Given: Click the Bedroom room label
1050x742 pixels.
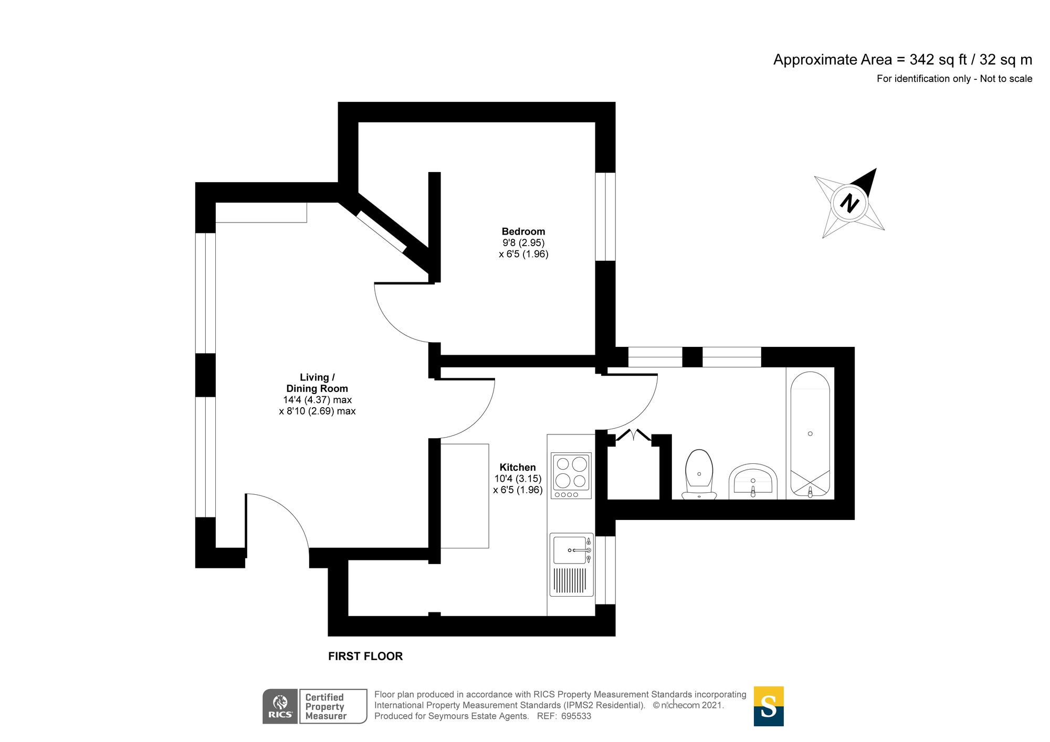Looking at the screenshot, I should click(523, 231).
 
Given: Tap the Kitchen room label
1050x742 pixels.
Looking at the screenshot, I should click(517, 467).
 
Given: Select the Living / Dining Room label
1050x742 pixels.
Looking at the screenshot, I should click(317, 383).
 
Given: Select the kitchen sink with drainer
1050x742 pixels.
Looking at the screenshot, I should click(571, 565).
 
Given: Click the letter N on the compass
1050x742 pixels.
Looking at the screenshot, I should click(849, 203).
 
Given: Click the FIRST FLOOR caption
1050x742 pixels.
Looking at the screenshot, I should click(365, 656).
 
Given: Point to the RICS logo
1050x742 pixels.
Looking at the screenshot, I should click(280, 706).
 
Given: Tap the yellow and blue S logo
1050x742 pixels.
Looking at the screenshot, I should click(768, 706).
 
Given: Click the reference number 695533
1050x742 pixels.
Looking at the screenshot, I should click(576, 716).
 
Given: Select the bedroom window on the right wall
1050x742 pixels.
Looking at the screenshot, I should click(605, 216).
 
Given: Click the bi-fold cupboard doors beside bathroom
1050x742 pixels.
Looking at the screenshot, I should click(634, 435).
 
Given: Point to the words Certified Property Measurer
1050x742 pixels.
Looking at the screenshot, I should click(325, 706).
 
